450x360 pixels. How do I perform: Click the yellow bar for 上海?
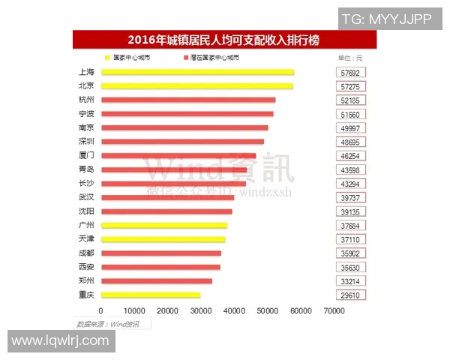click(197, 72)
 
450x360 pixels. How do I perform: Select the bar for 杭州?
click(188, 100)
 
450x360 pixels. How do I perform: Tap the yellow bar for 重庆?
click(151, 295)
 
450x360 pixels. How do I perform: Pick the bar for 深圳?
click(182, 142)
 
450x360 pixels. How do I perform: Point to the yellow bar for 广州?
click(164, 225)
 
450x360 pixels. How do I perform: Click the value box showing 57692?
click(350, 72)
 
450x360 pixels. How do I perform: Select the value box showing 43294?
click(350, 184)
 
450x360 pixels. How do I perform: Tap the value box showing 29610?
click(350, 295)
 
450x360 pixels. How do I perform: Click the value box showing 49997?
click(350, 127)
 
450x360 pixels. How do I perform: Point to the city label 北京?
click(86, 86)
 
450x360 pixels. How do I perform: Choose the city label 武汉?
click(86, 197)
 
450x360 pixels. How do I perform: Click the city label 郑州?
click(86, 281)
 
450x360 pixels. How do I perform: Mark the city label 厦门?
click(86, 155)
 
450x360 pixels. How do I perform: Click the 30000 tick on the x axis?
click(200, 310)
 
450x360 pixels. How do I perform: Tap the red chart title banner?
click(223, 40)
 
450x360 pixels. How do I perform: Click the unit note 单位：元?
click(350, 57)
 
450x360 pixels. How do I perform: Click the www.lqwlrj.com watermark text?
click(61, 340)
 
